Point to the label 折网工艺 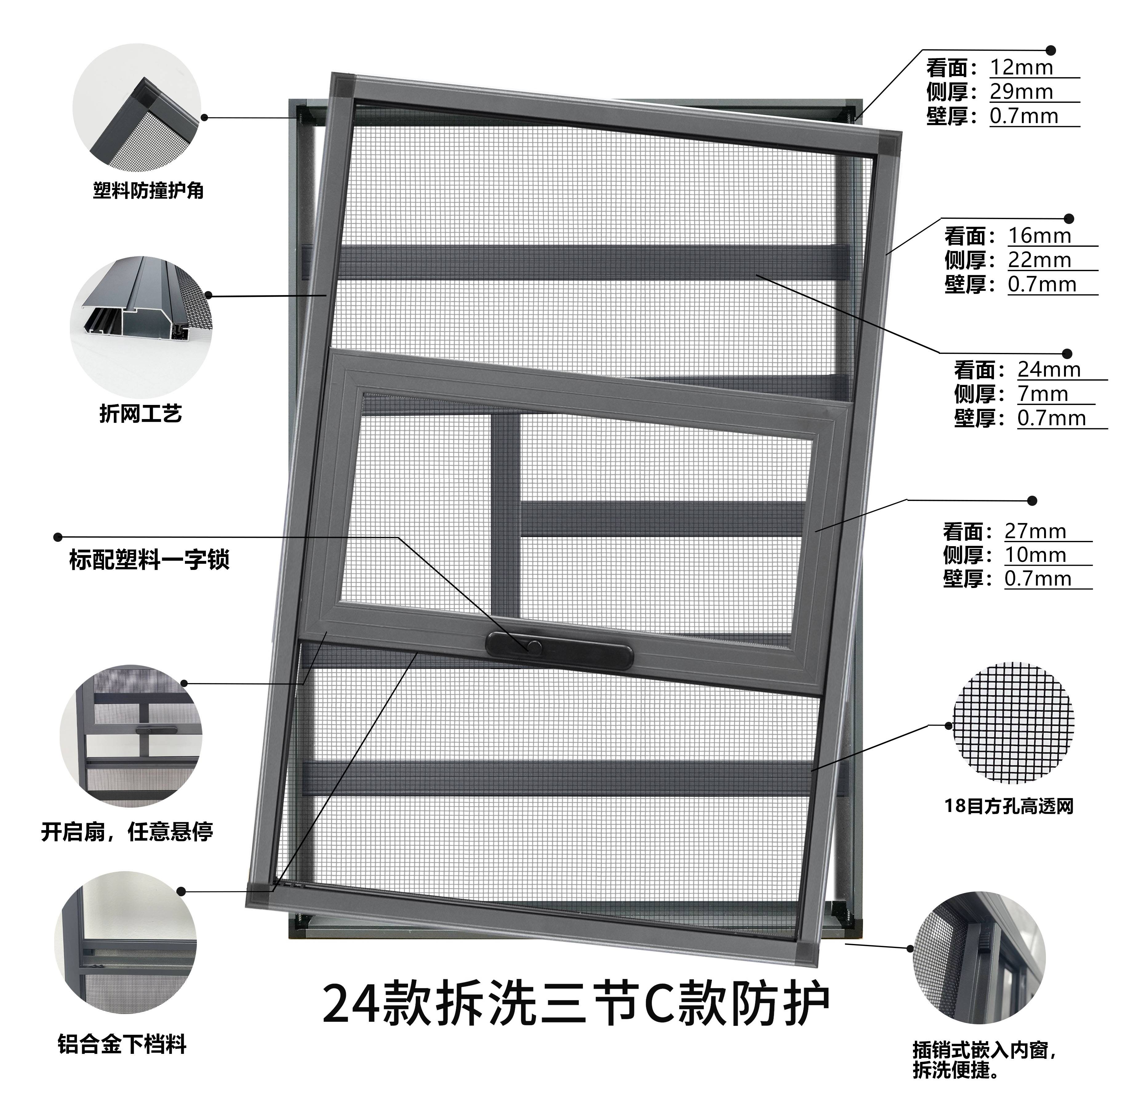[x=141, y=414]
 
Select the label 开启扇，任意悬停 [x=127, y=831]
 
